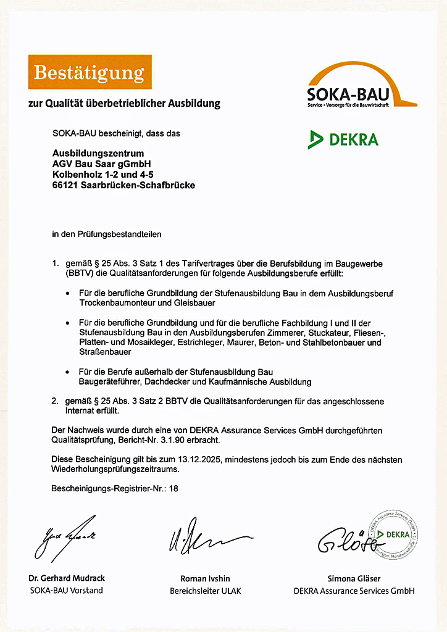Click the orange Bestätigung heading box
[90, 72]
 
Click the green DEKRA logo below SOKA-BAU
[343, 139]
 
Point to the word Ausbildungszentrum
[98, 152]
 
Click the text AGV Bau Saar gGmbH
[101, 164]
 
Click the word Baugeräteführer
[109, 382]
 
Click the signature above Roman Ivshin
[204, 539]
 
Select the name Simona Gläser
[354, 578]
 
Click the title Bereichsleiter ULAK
[206, 591]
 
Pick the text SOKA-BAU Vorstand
[66, 590]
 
